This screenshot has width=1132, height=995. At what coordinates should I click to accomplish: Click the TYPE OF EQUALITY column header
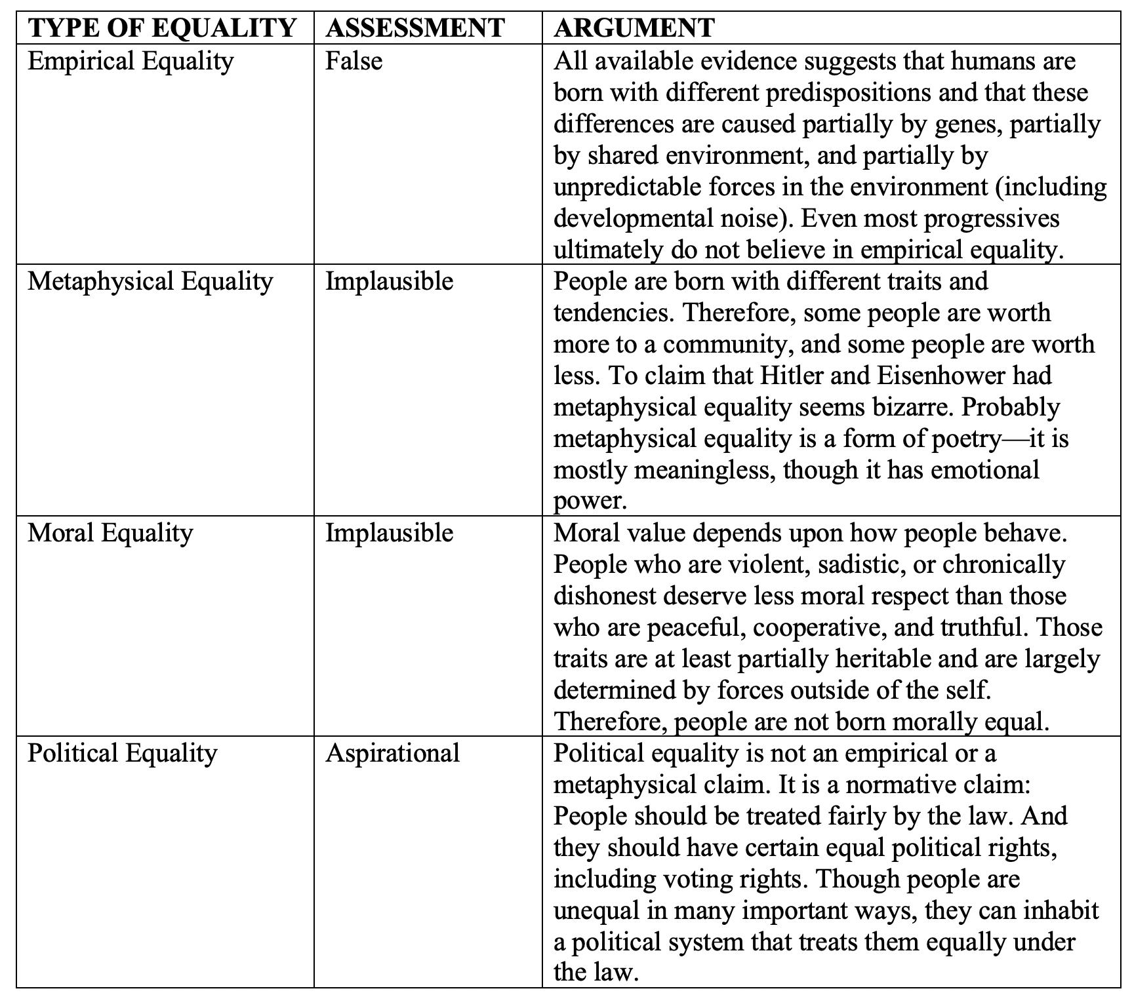[162, 28]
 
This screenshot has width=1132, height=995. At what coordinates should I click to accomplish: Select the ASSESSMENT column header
[415, 28]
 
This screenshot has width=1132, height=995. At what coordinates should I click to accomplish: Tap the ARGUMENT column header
[634, 28]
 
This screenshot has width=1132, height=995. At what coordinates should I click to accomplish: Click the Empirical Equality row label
[131, 61]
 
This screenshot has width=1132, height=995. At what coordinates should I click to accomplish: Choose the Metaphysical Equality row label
[150, 281]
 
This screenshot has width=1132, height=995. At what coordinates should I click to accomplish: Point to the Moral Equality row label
[110, 532]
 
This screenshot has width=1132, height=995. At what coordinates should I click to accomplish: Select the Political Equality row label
[122, 752]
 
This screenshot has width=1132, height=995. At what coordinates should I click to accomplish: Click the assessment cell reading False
[354, 61]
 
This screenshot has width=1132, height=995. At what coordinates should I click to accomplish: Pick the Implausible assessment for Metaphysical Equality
[389, 281]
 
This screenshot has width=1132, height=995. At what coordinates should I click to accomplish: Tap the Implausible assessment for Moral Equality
[389, 532]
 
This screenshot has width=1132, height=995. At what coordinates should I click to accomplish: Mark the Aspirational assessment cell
[392, 752]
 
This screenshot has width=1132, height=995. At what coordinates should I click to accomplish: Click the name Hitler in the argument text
[786, 376]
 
